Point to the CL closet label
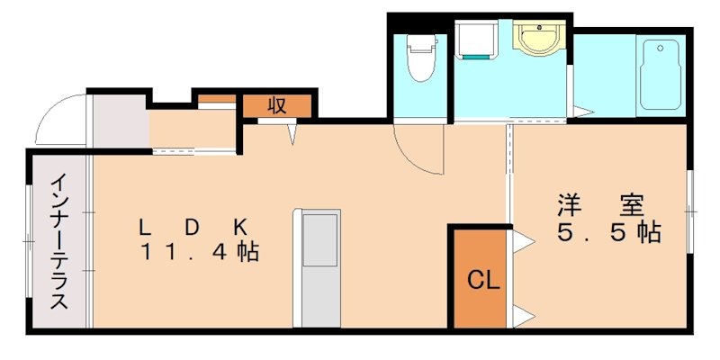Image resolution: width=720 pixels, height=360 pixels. pos(482,280)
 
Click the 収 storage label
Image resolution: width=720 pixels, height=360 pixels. pos(277,104)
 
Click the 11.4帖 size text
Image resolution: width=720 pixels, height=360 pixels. pos(199,252)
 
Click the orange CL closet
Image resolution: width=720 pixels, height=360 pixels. pos(481,279)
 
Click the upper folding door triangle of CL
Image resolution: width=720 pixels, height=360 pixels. pos(520,242)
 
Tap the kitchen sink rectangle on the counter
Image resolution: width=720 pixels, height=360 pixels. pos(319,241)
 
